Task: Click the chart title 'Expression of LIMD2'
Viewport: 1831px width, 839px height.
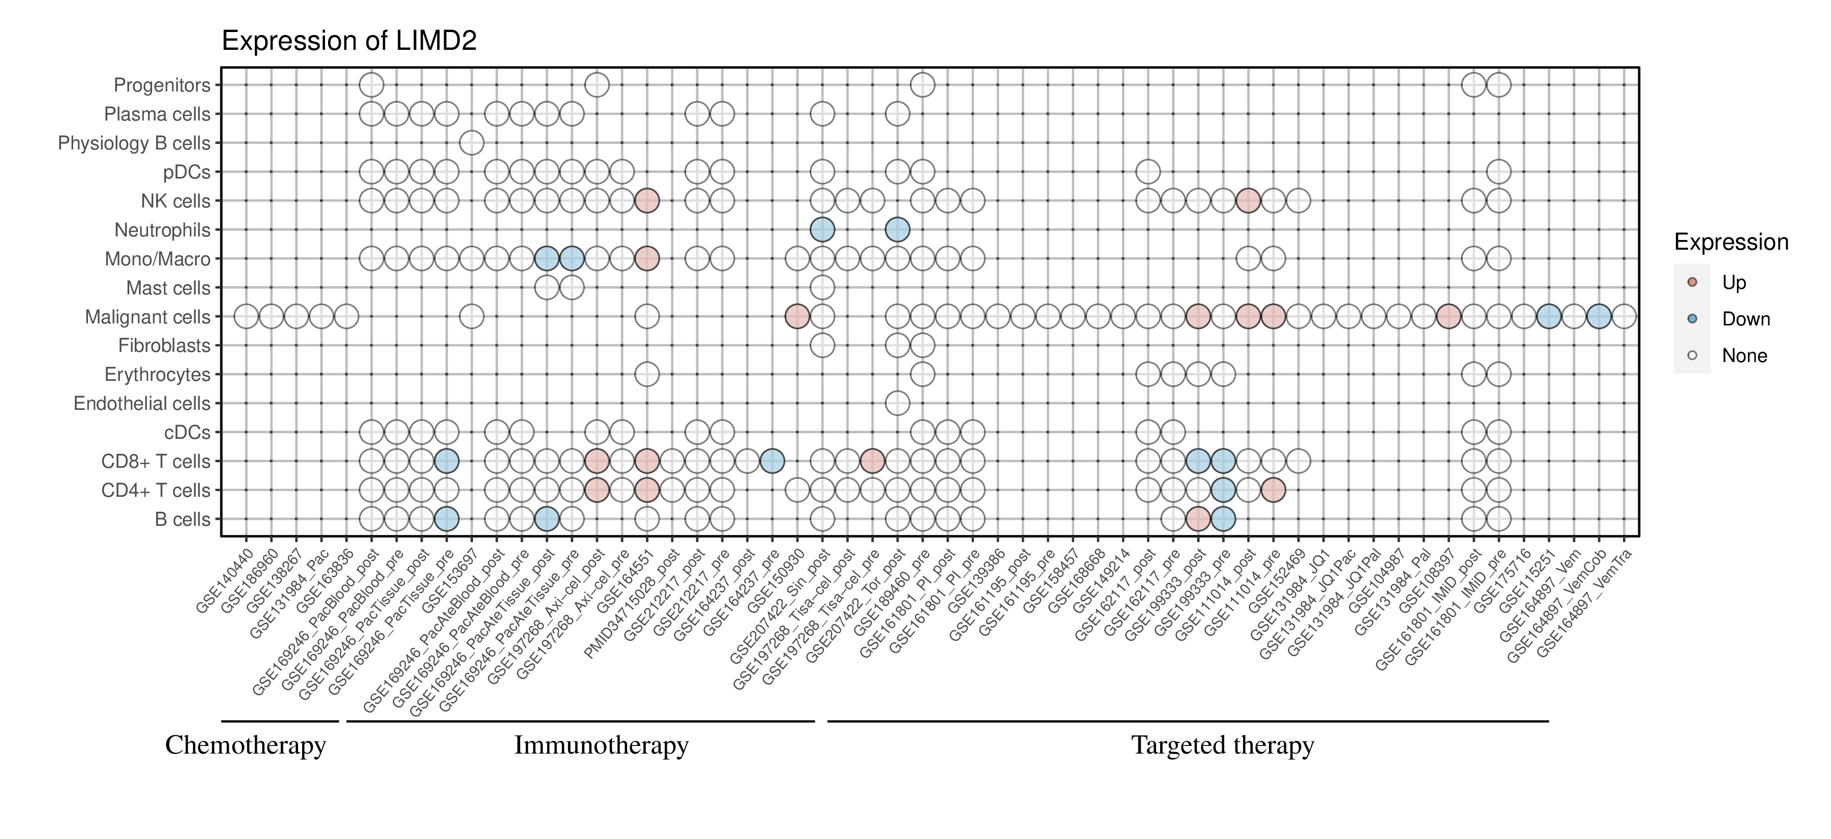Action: pyautogui.click(x=349, y=41)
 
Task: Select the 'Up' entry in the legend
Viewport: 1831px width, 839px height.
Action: pyautogui.click(x=1734, y=283)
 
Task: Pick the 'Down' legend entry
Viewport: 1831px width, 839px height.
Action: pyautogui.click(x=1745, y=319)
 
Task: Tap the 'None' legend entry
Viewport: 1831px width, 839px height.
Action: pyautogui.click(x=1744, y=356)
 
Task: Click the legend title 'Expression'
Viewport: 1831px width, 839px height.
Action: pyautogui.click(x=1731, y=242)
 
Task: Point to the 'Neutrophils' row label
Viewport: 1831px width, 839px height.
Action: pyautogui.click(x=163, y=230)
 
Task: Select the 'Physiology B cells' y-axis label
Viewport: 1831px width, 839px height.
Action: pyautogui.click(x=134, y=143)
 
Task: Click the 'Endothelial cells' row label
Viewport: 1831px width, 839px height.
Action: pyautogui.click(x=142, y=404)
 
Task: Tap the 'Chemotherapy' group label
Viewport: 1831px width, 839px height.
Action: pyautogui.click(x=245, y=745)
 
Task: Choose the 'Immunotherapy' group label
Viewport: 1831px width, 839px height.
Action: pyautogui.click(x=601, y=745)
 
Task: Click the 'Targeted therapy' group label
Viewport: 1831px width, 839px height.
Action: pyautogui.click(x=1223, y=745)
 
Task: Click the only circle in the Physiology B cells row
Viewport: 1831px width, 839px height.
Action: pyautogui.click(x=472, y=143)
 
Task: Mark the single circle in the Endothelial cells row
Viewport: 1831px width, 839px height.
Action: pyautogui.click(x=898, y=404)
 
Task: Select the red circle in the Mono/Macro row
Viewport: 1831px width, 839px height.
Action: pyautogui.click(x=647, y=259)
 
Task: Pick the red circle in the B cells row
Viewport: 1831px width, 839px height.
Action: pyautogui.click(x=1198, y=519)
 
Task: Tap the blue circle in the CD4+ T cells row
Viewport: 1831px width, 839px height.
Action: pyautogui.click(x=1223, y=490)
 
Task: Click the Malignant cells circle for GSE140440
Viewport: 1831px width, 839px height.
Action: pyautogui.click(x=246, y=316)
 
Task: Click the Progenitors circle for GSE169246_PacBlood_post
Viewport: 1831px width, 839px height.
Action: pyautogui.click(x=372, y=85)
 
